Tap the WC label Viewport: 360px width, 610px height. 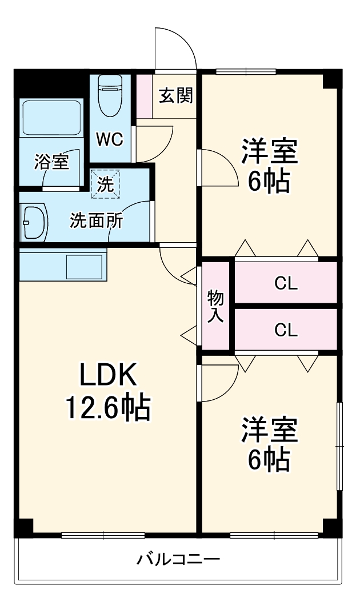tap(109, 139)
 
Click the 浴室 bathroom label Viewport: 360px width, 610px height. tap(51, 162)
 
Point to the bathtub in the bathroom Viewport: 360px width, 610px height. tap(51, 118)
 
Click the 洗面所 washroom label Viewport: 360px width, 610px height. tap(96, 221)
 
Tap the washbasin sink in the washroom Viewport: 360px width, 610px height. tap(34, 222)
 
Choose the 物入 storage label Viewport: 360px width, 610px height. tap(215, 306)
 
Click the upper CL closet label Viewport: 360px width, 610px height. tap(286, 283)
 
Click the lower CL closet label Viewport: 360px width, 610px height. tap(286, 330)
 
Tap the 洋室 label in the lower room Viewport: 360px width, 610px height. tap(269, 431)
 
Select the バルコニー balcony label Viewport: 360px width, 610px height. tap(178, 559)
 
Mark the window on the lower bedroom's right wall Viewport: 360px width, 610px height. tap(339, 446)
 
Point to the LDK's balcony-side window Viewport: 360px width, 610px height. tap(103, 535)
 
